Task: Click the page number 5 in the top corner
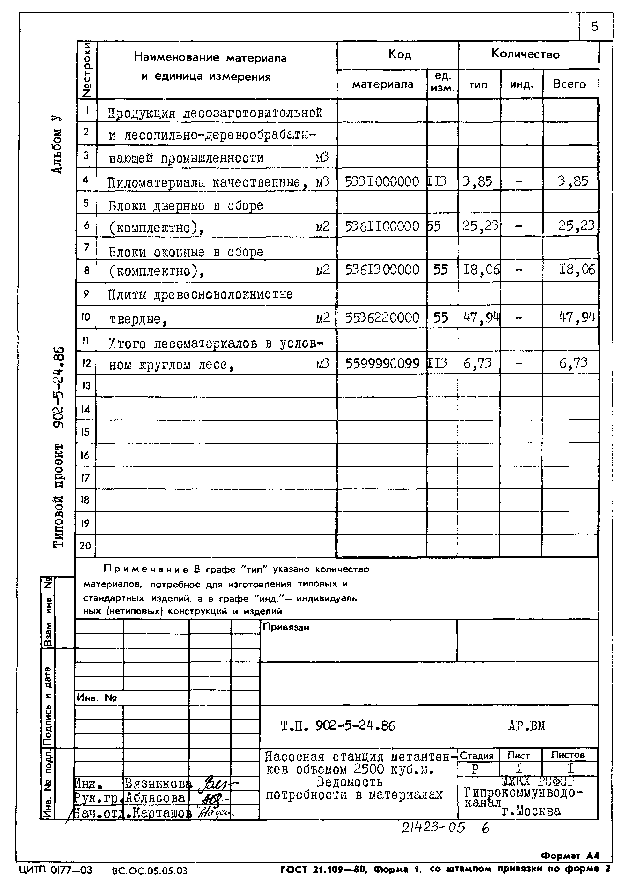(x=594, y=27)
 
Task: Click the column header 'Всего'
(x=569, y=84)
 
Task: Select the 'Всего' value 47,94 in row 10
(x=577, y=317)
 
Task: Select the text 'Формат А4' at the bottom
(x=570, y=856)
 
